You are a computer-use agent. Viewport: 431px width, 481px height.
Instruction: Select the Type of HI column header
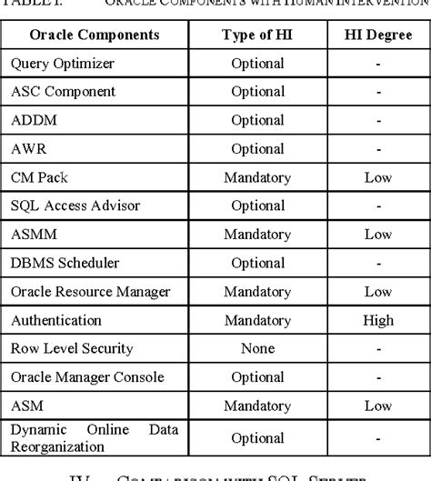coord(257,35)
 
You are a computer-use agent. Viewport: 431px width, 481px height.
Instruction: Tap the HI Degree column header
coord(377,35)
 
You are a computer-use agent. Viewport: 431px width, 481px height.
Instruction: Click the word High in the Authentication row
coord(377,320)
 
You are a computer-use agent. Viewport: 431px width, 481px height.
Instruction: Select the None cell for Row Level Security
coord(257,348)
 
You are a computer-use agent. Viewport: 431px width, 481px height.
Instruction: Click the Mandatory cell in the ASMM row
coord(257,235)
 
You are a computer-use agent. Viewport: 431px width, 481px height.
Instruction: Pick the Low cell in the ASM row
coord(377,406)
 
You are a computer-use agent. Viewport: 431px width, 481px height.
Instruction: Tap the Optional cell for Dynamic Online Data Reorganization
coord(257,438)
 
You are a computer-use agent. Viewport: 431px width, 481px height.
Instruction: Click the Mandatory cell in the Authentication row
coord(257,320)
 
